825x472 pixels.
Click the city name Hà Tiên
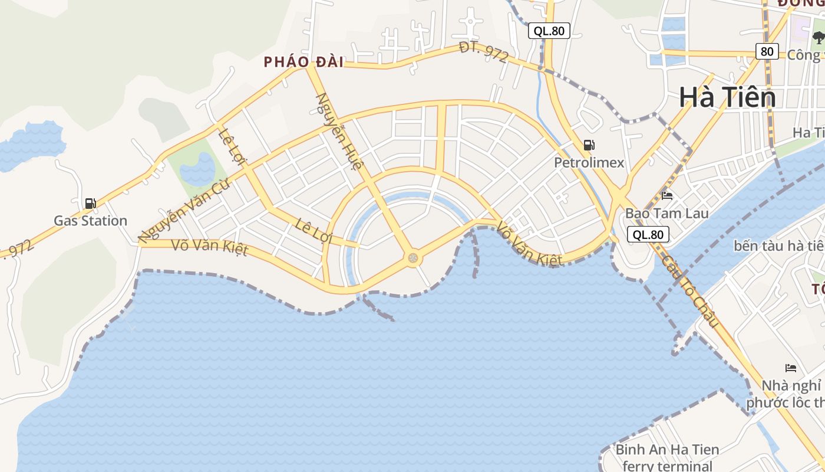click(727, 97)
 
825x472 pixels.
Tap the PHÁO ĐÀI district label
click(303, 61)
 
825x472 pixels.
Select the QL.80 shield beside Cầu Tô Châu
click(648, 234)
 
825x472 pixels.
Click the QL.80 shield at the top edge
click(549, 31)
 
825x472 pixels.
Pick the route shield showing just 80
click(767, 51)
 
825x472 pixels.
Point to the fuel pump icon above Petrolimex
click(588, 145)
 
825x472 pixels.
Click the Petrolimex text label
click(588, 162)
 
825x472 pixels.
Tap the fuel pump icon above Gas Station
click(90, 204)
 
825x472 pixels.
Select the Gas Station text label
click(90, 221)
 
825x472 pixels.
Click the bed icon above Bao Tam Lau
click(667, 196)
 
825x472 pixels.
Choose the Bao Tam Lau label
click(666, 212)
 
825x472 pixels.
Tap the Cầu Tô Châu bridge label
click(690, 291)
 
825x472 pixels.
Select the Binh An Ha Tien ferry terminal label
click(667, 458)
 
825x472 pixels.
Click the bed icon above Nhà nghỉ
click(791, 368)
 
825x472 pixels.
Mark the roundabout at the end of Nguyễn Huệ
click(413, 258)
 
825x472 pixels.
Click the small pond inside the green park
click(198, 169)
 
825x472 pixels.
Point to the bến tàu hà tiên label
click(778, 245)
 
